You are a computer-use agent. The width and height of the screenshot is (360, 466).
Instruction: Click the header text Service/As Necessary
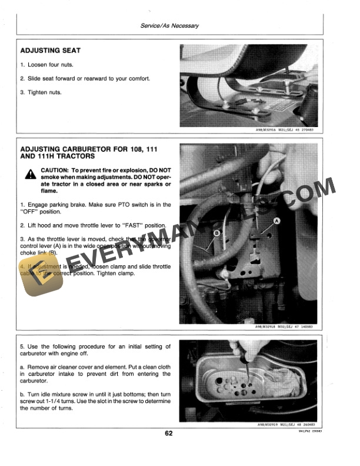click(170, 26)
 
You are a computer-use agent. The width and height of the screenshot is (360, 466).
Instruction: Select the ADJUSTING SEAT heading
click(51, 51)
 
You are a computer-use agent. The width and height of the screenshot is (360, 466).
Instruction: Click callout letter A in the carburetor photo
click(276, 220)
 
